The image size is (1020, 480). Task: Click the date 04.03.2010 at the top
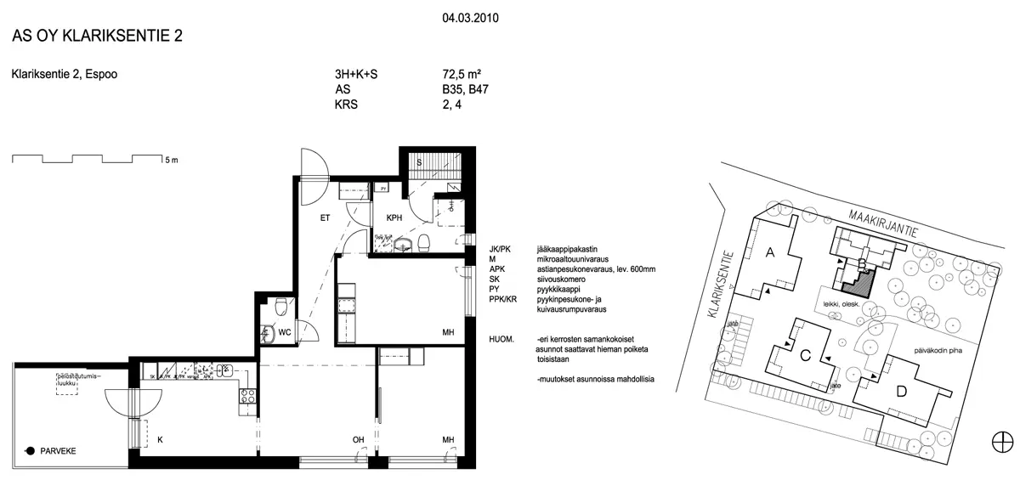coord(470,15)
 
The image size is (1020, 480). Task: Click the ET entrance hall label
coord(325,218)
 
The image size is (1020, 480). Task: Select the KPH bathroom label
coord(394,218)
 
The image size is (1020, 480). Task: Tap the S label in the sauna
coord(418,161)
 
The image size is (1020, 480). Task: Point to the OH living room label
coord(360,439)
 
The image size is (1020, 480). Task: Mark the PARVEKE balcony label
coord(57,451)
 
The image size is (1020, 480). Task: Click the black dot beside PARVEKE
coord(30,451)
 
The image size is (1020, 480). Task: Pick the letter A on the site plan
coord(770,251)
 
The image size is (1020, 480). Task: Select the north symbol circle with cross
coord(1001,441)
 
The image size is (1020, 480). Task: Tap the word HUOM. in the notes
coord(501,338)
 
